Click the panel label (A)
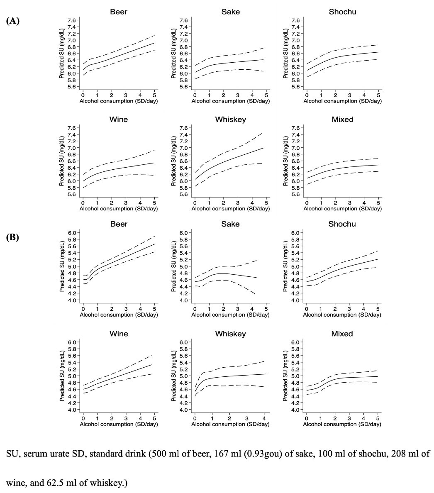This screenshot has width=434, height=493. pyautogui.click(x=13, y=20)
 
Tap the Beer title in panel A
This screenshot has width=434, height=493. pyautogui.click(x=119, y=12)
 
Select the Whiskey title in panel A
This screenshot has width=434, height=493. pyautogui.click(x=230, y=120)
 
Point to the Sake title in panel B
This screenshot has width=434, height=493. pyautogui.click(x=230, y=224)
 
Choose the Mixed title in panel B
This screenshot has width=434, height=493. pyautogui.click(x=342, y=334)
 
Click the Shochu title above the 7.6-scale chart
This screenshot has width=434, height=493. pyautogui.click(x=342, y=12)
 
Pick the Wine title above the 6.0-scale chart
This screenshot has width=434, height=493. pyautogui.click(x=119, y=334)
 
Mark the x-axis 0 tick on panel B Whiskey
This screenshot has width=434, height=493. pyautogui.click(x=195, y=419)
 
